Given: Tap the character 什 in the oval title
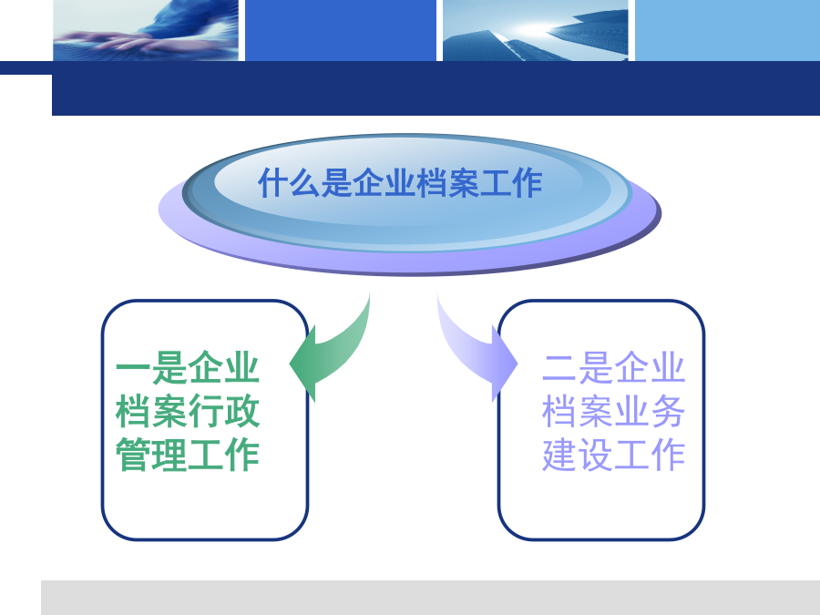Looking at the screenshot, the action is pos(273,183).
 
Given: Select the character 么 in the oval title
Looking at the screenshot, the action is pos(305,183).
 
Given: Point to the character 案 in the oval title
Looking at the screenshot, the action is pos(463,183).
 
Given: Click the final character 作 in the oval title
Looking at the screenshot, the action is pos(526,183).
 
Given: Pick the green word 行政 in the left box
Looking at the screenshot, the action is pos(224,411).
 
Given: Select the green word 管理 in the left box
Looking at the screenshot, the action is pos(151,455).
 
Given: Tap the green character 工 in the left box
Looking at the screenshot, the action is pos(206,455).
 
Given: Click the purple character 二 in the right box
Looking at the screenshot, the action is pos(559,367).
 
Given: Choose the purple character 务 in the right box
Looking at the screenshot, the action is pos(668,411).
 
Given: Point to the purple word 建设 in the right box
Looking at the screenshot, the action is pos(578,455).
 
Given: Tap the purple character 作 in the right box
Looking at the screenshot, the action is pos(668,455).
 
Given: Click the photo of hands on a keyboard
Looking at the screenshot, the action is pos(146,30).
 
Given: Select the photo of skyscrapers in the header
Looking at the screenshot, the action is pos(536,30).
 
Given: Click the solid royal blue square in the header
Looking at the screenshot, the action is pos(341,30).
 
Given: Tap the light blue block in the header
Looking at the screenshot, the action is pos(727,30).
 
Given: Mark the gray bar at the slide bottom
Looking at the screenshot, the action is pos(430,597).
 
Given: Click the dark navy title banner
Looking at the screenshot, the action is pos(436,88).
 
